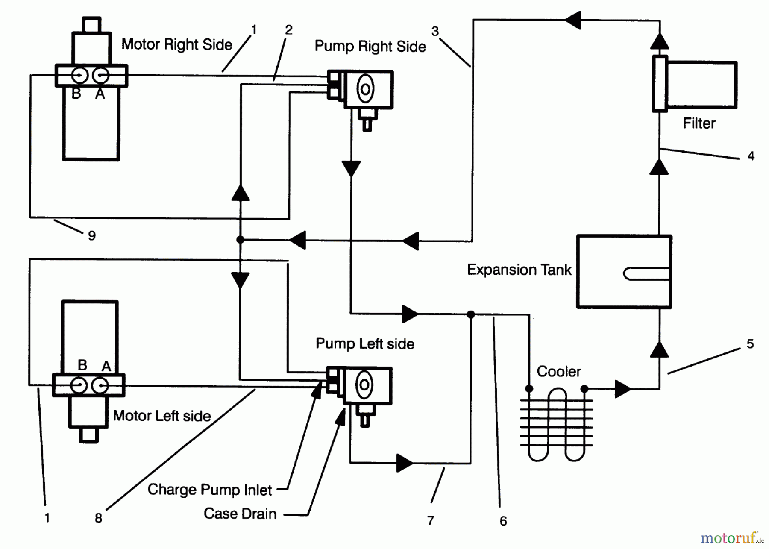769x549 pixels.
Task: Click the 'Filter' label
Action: point(699,123)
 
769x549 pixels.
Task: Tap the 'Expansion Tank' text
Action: point(519,270)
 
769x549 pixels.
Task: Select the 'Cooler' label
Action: point(558,372)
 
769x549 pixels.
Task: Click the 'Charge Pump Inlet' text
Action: point(209,490)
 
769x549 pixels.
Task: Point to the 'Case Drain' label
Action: point(240,514)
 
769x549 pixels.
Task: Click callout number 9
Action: point(92,235)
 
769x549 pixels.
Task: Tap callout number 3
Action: point(435,31)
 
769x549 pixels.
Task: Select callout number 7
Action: point(431,520)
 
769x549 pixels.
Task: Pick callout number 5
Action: point(750,344)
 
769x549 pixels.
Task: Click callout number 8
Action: point(98,518)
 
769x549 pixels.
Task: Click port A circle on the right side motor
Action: point(101,76)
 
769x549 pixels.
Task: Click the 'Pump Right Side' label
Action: point(370,47)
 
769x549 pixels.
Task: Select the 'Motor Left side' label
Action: point(161,416)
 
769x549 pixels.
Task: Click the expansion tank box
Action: point(624,272)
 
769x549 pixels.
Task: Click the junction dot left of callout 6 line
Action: point(471,315)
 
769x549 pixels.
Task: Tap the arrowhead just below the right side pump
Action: point(351,168)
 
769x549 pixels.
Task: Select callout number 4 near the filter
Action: point(751,156)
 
